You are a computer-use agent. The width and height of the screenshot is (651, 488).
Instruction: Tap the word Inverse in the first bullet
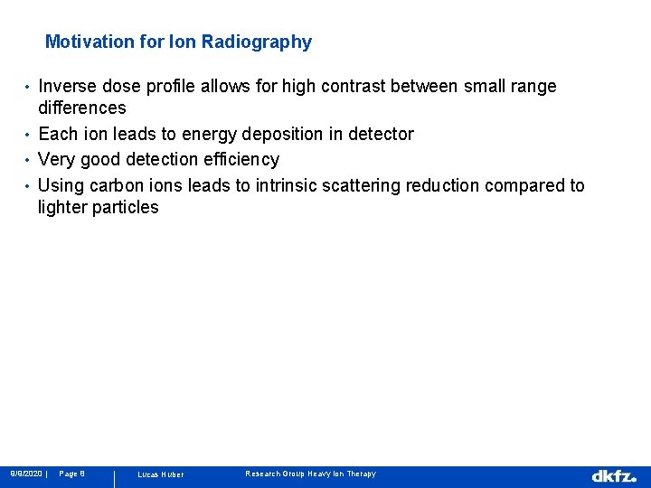coord(68,86)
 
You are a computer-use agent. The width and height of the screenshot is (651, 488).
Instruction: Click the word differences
coord(81,108)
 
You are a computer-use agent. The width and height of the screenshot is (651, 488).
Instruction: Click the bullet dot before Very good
coord(28,161)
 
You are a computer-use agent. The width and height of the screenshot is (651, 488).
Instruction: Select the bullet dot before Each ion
coord(28,136)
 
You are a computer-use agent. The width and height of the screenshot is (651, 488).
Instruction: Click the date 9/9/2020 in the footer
coord(25,474)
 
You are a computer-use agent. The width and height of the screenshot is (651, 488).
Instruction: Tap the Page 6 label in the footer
coord(71,474)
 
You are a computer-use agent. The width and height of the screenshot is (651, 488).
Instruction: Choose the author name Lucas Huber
coord(160,474)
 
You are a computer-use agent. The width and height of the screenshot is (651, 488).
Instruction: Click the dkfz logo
coord(614,475)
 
